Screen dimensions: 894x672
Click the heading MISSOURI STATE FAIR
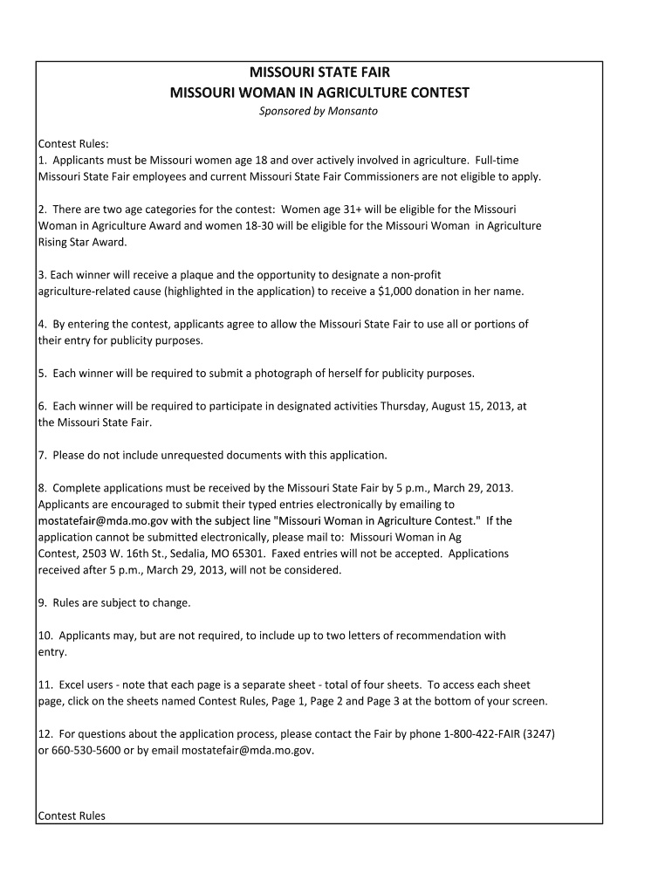pyautogui.click(x=319, y=72)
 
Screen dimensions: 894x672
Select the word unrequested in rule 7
pyautogui.click(x=175, y=455)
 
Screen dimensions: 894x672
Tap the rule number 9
pyautogui.click(x=43, y=602)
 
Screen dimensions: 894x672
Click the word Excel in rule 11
pyautogui.click(x=73, y=684)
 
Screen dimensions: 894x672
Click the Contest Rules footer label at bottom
pyautogui.click(x=72, y=815)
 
